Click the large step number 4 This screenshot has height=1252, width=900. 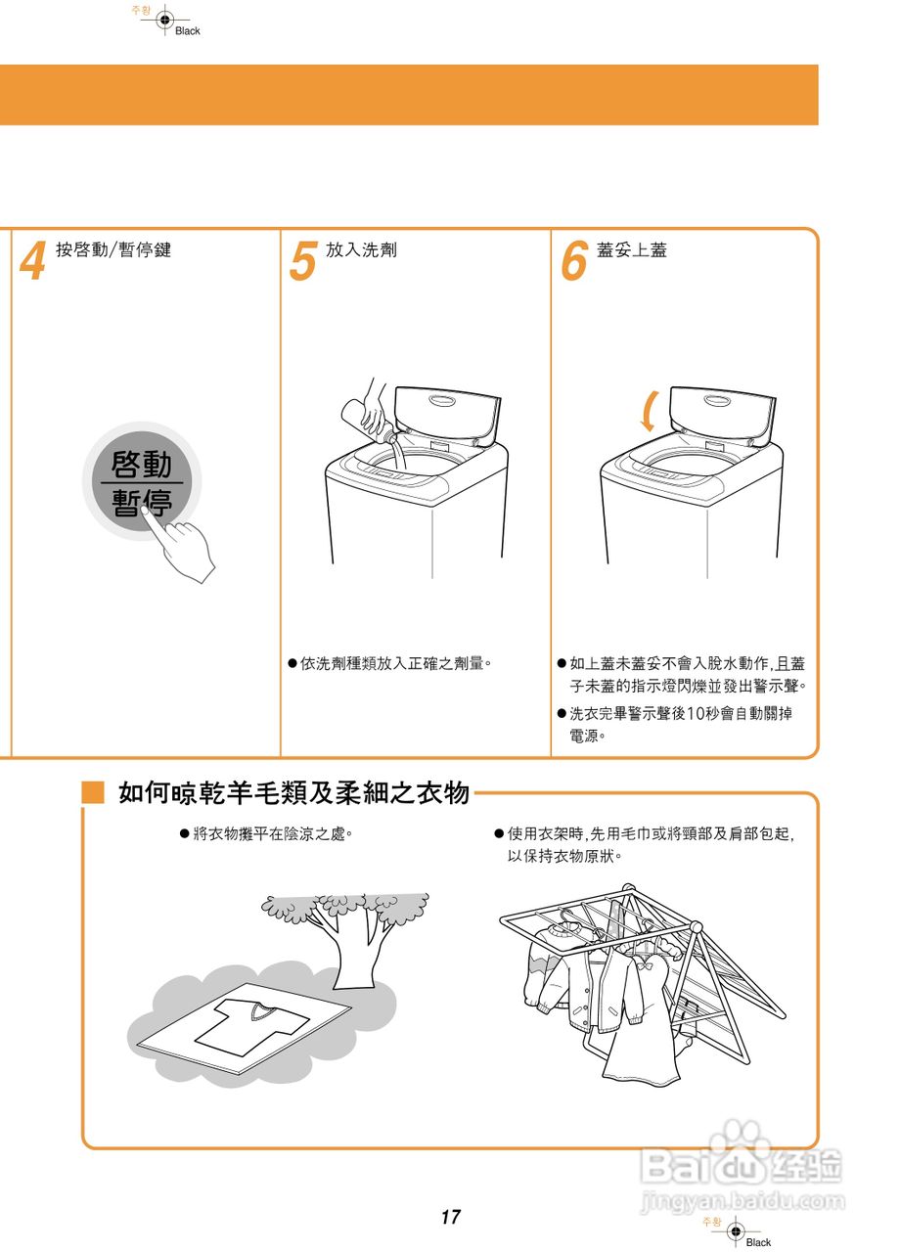pos(33,261)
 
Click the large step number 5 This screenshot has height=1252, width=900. pos(303,261)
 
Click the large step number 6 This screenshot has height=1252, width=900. pos(573,261)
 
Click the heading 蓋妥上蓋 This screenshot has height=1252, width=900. pos(632,250)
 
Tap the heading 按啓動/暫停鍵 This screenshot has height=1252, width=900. pos(113,250)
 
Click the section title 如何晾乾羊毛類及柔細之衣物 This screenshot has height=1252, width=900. pos(293,792)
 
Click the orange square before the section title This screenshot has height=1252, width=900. pos(93,792)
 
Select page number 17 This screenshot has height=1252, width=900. pos(450,1218)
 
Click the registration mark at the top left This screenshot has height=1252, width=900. pos(164,20)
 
